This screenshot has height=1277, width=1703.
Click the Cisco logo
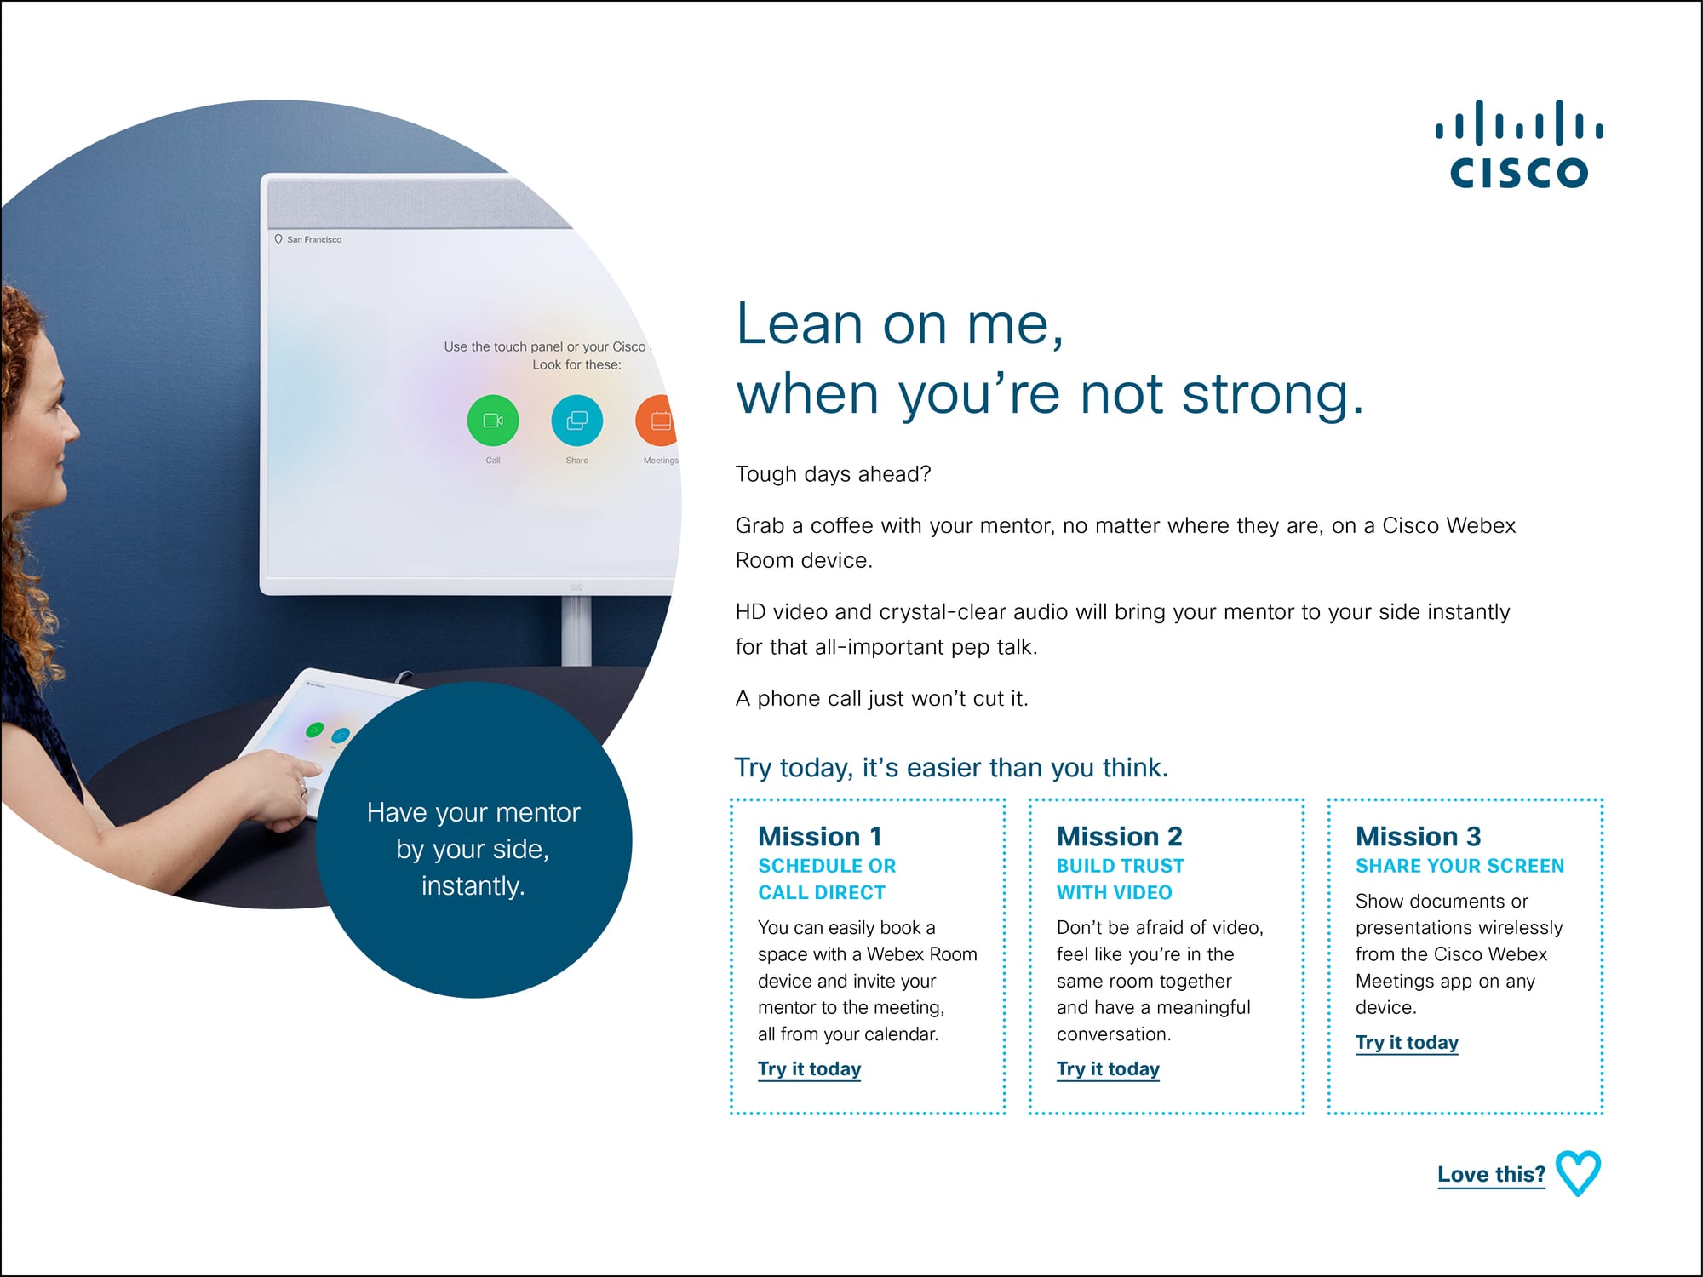1519,143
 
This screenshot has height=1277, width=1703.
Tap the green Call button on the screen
493,421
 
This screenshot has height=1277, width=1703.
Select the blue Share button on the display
577,421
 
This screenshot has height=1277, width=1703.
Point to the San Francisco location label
307,240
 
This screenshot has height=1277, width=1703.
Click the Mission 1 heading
820,836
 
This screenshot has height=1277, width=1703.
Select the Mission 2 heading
1120,836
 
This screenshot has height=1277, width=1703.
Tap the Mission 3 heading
1419,836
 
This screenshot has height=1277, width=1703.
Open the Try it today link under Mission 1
810,1069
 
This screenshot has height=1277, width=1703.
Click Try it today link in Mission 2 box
1109,1069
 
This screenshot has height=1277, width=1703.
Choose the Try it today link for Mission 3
1408,1043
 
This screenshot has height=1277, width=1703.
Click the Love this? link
1492,1175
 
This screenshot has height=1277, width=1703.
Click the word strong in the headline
1264,394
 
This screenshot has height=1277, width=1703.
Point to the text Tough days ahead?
834,474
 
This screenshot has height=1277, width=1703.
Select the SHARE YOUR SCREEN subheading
1460,866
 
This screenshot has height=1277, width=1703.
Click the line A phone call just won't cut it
882,699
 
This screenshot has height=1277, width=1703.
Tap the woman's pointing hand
281,787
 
